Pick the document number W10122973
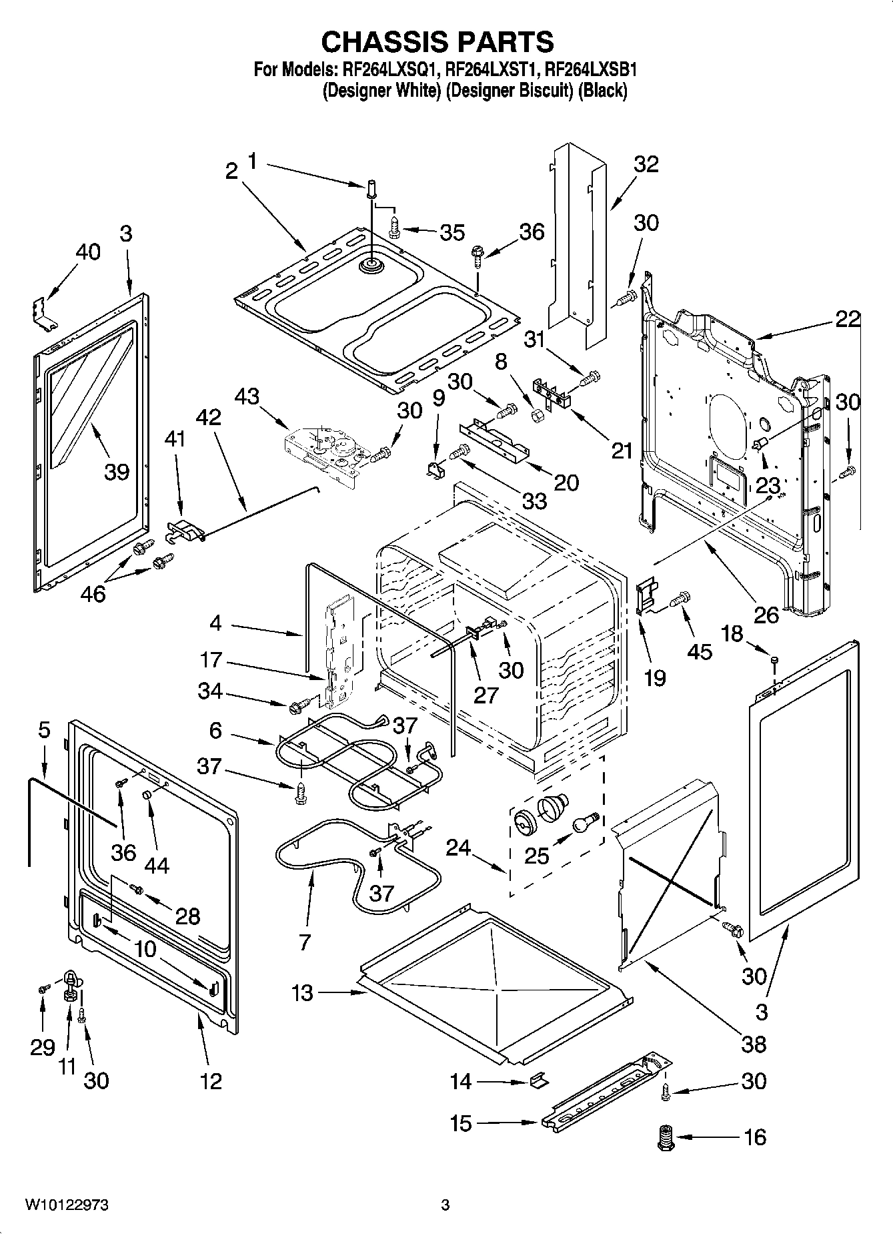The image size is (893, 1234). click(67, 1205)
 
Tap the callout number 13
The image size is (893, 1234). click(302, 993)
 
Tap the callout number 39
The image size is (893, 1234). click(116, 472)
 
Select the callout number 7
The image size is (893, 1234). click(304, 942)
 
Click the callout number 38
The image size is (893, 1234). click(754, 1043)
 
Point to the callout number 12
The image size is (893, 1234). click(211, 1081)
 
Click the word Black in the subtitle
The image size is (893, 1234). click(603, 91)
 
